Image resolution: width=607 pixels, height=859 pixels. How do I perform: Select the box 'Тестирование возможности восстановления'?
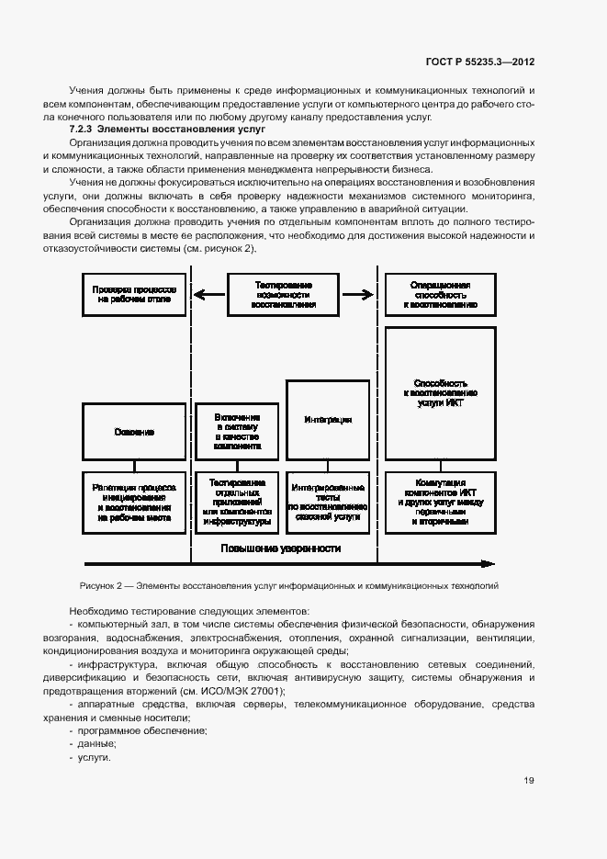(284, 294)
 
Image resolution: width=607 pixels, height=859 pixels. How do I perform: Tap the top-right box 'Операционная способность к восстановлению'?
(442, 294)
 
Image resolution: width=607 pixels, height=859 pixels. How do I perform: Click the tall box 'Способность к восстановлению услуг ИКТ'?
(442, 392)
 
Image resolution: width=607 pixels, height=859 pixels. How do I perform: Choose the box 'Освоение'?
(134, 431)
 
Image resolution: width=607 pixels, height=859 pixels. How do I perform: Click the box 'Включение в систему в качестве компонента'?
(237, 431)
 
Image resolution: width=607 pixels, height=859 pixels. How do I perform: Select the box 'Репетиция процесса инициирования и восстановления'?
(134, 504)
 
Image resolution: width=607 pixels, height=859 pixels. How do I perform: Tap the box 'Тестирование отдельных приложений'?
(237, 504)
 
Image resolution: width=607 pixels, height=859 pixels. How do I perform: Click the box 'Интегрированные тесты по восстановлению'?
(327, 504)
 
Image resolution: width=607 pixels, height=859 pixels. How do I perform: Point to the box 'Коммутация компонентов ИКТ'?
(442, 504)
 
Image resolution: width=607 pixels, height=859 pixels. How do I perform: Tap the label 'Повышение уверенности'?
(280, 548)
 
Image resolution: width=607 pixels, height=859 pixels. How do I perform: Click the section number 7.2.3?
(83, 131)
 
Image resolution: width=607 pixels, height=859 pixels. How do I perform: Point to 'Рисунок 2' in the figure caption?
(96, 584)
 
